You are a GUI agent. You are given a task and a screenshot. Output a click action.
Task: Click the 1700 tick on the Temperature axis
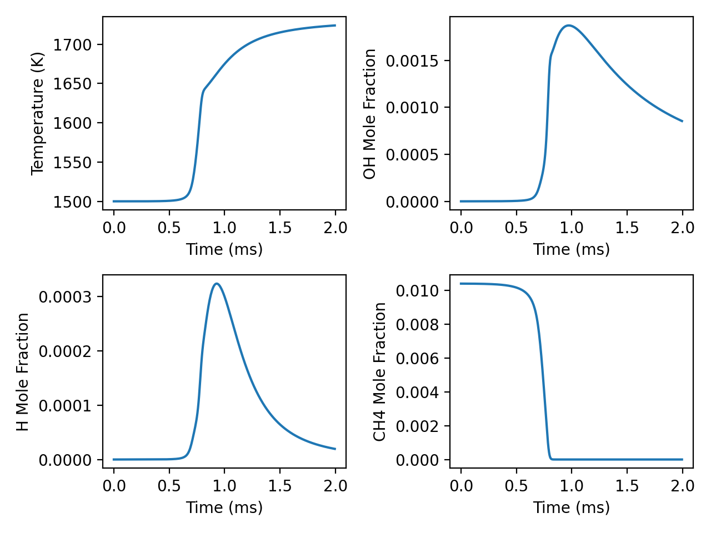pos(72,44)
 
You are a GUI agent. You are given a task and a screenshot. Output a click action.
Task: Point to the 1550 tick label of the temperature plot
pos(72,163)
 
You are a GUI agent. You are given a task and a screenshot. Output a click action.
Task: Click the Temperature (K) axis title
pos(37,113)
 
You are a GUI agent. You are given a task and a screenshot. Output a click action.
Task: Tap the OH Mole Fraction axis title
pos(370,114)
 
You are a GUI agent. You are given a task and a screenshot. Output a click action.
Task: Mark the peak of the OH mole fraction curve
pos(568,26)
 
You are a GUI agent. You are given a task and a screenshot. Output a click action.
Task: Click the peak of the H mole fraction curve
pos(217,284)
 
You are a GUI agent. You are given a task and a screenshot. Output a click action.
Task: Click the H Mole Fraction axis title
pos(23,371)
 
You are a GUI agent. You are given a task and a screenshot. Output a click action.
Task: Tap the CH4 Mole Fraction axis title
pos(380,371)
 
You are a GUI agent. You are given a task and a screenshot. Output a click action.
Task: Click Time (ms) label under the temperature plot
pos(224,249)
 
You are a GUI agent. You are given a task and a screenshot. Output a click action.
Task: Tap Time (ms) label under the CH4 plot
pos(571,507)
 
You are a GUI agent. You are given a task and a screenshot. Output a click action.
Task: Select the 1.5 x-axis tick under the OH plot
pos(627,228)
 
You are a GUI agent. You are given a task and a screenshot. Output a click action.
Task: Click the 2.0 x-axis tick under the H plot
pos(335,486)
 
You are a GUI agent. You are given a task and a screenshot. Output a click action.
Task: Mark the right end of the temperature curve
pos(335,26)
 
